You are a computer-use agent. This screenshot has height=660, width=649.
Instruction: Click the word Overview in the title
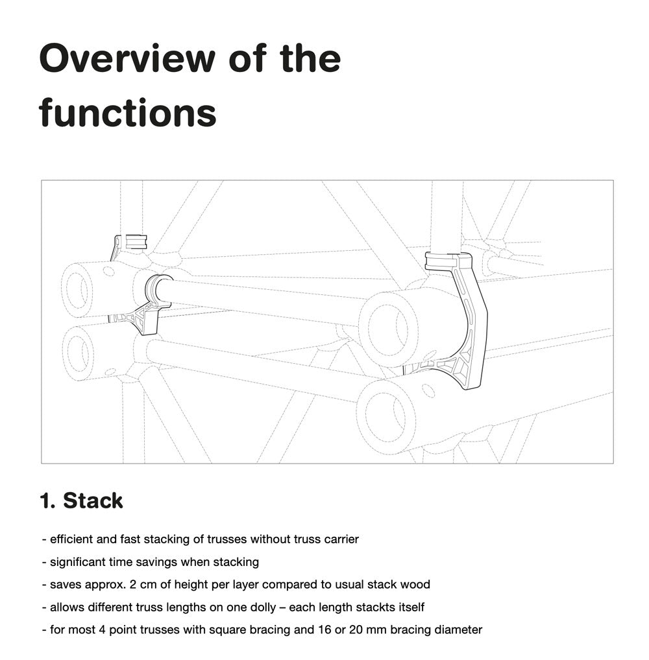(127, 58)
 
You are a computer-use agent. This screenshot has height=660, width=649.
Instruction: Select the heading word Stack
(93, 501)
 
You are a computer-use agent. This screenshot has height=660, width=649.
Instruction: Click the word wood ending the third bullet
(415, 584)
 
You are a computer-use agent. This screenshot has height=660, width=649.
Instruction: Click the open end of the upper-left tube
(77, 290)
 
